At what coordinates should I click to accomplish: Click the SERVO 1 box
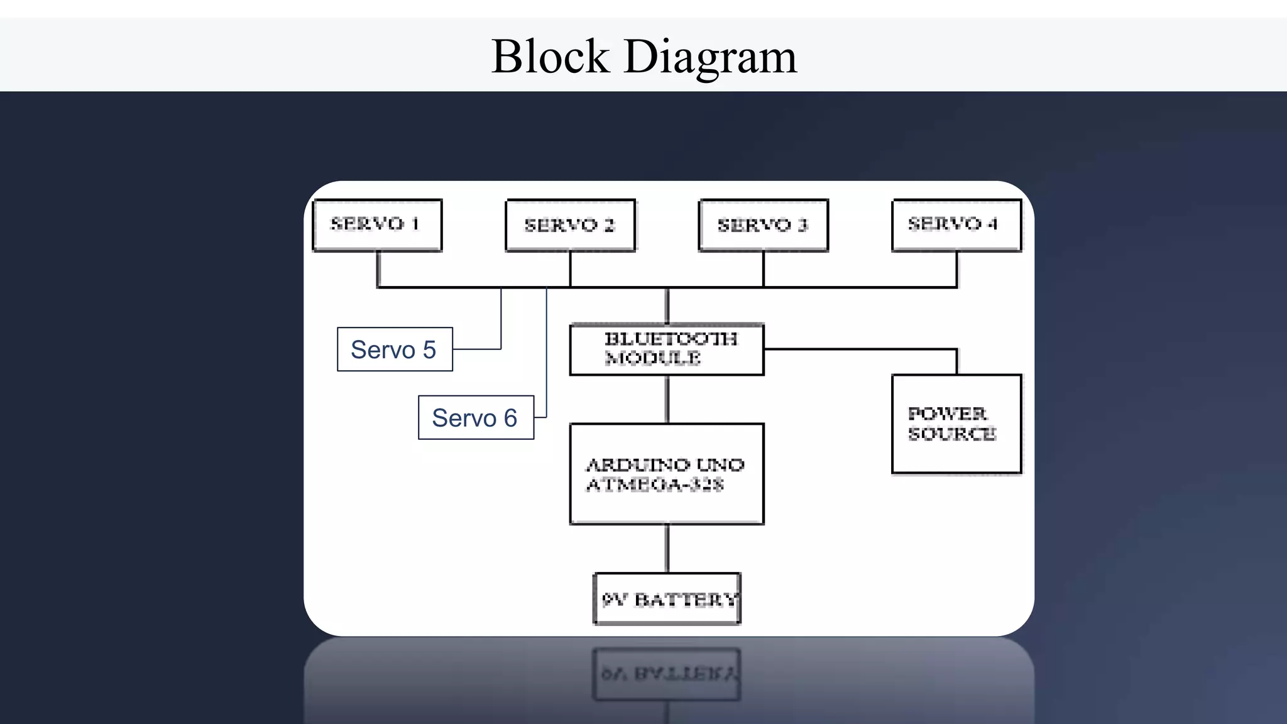[x=377, y=225]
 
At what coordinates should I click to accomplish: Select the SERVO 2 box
[x=570, y=225]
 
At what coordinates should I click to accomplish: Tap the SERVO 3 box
[x=763, y=225]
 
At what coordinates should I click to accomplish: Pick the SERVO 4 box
[x=956, y=225]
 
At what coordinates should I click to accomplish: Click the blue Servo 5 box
[x=395, y=349]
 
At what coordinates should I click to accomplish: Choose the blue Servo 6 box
[x=476, y=418]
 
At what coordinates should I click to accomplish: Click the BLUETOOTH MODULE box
[x=667, y=349]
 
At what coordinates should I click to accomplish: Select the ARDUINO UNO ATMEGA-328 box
[x=667, y=474]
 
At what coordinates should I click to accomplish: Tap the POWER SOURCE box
[x=956, y=424]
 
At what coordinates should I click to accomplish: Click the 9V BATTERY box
[x=667, y=599]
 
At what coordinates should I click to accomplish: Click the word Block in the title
[x=550, y=57]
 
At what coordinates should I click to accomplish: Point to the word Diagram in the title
[x=710, y=57]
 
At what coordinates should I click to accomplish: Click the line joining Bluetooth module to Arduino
[x=667, y=400]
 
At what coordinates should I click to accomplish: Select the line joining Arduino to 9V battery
[x=667, y=548]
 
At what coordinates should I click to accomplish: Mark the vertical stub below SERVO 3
[x=764, y=269]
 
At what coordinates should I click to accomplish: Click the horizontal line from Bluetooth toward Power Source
[x=861, y=349]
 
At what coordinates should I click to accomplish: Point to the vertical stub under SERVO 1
[x=378, y=269]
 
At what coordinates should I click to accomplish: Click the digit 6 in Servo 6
[x=510, y=418]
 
